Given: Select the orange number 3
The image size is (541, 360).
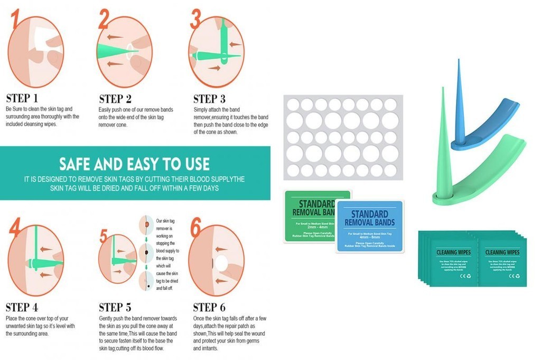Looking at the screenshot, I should [195, 20].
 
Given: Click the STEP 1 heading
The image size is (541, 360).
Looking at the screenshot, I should [22, 98].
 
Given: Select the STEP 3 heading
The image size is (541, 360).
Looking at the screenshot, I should [209, 99].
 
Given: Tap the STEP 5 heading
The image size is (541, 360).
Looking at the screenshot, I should [115, 307].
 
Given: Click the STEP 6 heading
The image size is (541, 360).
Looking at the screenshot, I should [209, 307].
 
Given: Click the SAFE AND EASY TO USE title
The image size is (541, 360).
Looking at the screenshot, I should [134, 163].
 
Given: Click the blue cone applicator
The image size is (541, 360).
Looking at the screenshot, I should [458, 100].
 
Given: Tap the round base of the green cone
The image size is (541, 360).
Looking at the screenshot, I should [444, 198].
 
